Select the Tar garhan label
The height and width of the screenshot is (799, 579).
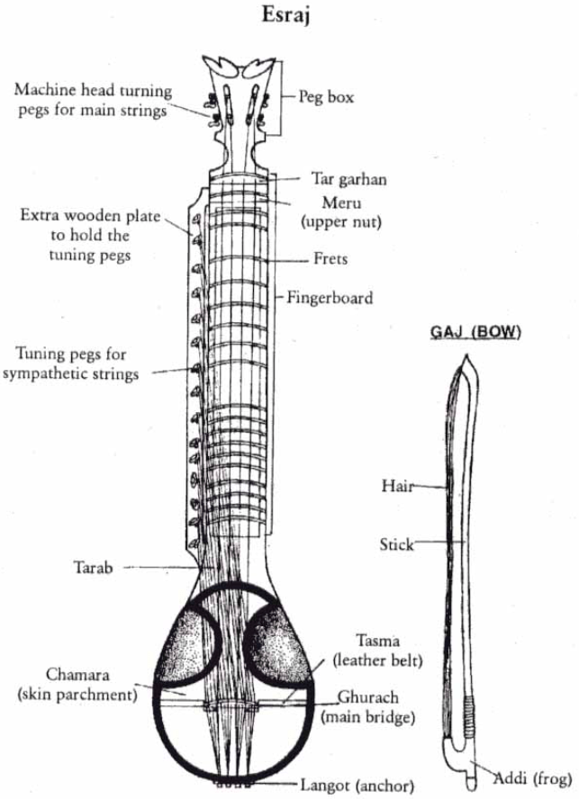point(348,179)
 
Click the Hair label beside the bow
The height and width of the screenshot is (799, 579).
point(397,487)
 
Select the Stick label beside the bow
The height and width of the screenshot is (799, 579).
point(396,544)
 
